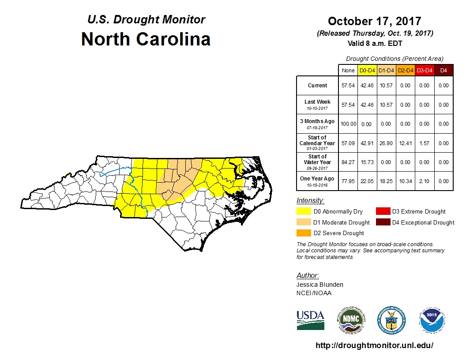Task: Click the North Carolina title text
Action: point(146,39)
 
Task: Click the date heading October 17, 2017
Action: point(374,21)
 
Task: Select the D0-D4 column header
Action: point(367,70)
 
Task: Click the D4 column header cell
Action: point(443,70)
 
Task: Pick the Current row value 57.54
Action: point(348,86)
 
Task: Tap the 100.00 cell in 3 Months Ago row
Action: point(348,124)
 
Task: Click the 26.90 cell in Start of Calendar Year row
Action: point(386,143)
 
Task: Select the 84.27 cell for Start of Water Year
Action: point(348,162)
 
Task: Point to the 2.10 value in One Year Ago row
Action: point(424,181)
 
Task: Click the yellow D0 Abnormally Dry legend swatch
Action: point(304,212)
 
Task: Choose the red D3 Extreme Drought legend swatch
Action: point(383,212)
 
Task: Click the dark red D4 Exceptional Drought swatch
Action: point(383,222)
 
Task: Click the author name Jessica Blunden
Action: point(319,285)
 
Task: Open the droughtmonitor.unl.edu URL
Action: point(374,345)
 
